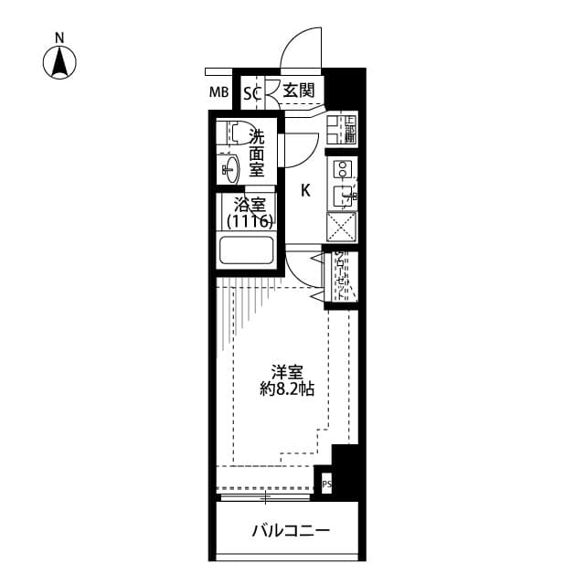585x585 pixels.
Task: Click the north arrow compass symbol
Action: pos(60,62)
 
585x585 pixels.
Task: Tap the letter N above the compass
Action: pos(59,37)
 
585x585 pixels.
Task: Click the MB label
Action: pos(218,91)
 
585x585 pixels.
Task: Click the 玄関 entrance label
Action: pos(298,90)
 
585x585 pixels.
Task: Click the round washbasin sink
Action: pos(229,168)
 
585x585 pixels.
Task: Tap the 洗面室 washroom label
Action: pos(257,153)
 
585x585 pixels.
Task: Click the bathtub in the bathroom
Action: pos(247,251)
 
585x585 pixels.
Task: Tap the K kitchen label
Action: pos(305,190)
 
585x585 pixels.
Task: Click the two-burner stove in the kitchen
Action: pos(344,169)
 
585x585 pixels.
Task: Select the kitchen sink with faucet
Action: pos(344,194)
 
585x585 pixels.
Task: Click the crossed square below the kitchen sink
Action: pos(343,225)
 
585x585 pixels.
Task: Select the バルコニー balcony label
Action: pos(290,531)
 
